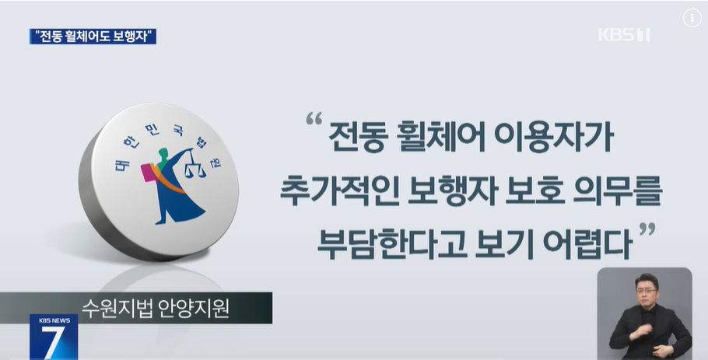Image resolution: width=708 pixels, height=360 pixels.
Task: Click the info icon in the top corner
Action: (692, 19)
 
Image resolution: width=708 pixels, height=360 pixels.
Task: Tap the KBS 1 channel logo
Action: (624, 35)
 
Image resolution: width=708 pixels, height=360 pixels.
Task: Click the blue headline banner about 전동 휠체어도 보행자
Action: (93, 36)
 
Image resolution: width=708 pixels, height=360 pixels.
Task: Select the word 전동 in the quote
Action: (356, 140)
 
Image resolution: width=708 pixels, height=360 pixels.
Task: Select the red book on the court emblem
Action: (147, 172)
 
